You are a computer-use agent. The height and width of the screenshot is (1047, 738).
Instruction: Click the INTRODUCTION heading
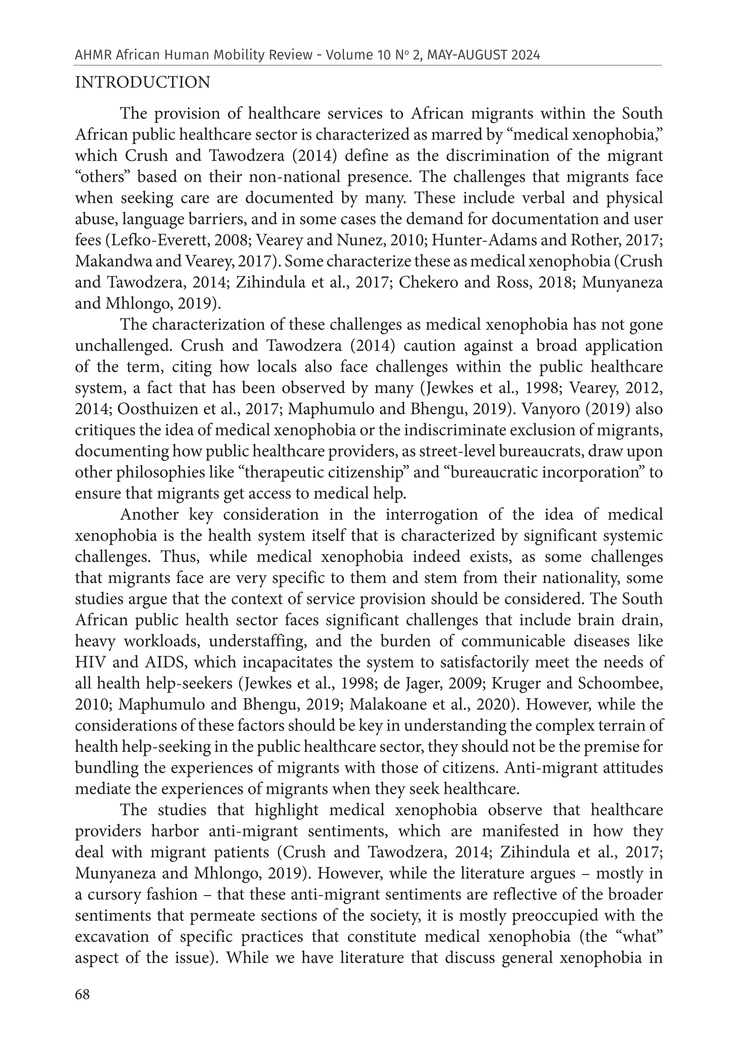(142, 83)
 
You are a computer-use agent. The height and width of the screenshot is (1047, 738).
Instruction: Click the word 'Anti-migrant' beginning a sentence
(551, 768)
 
